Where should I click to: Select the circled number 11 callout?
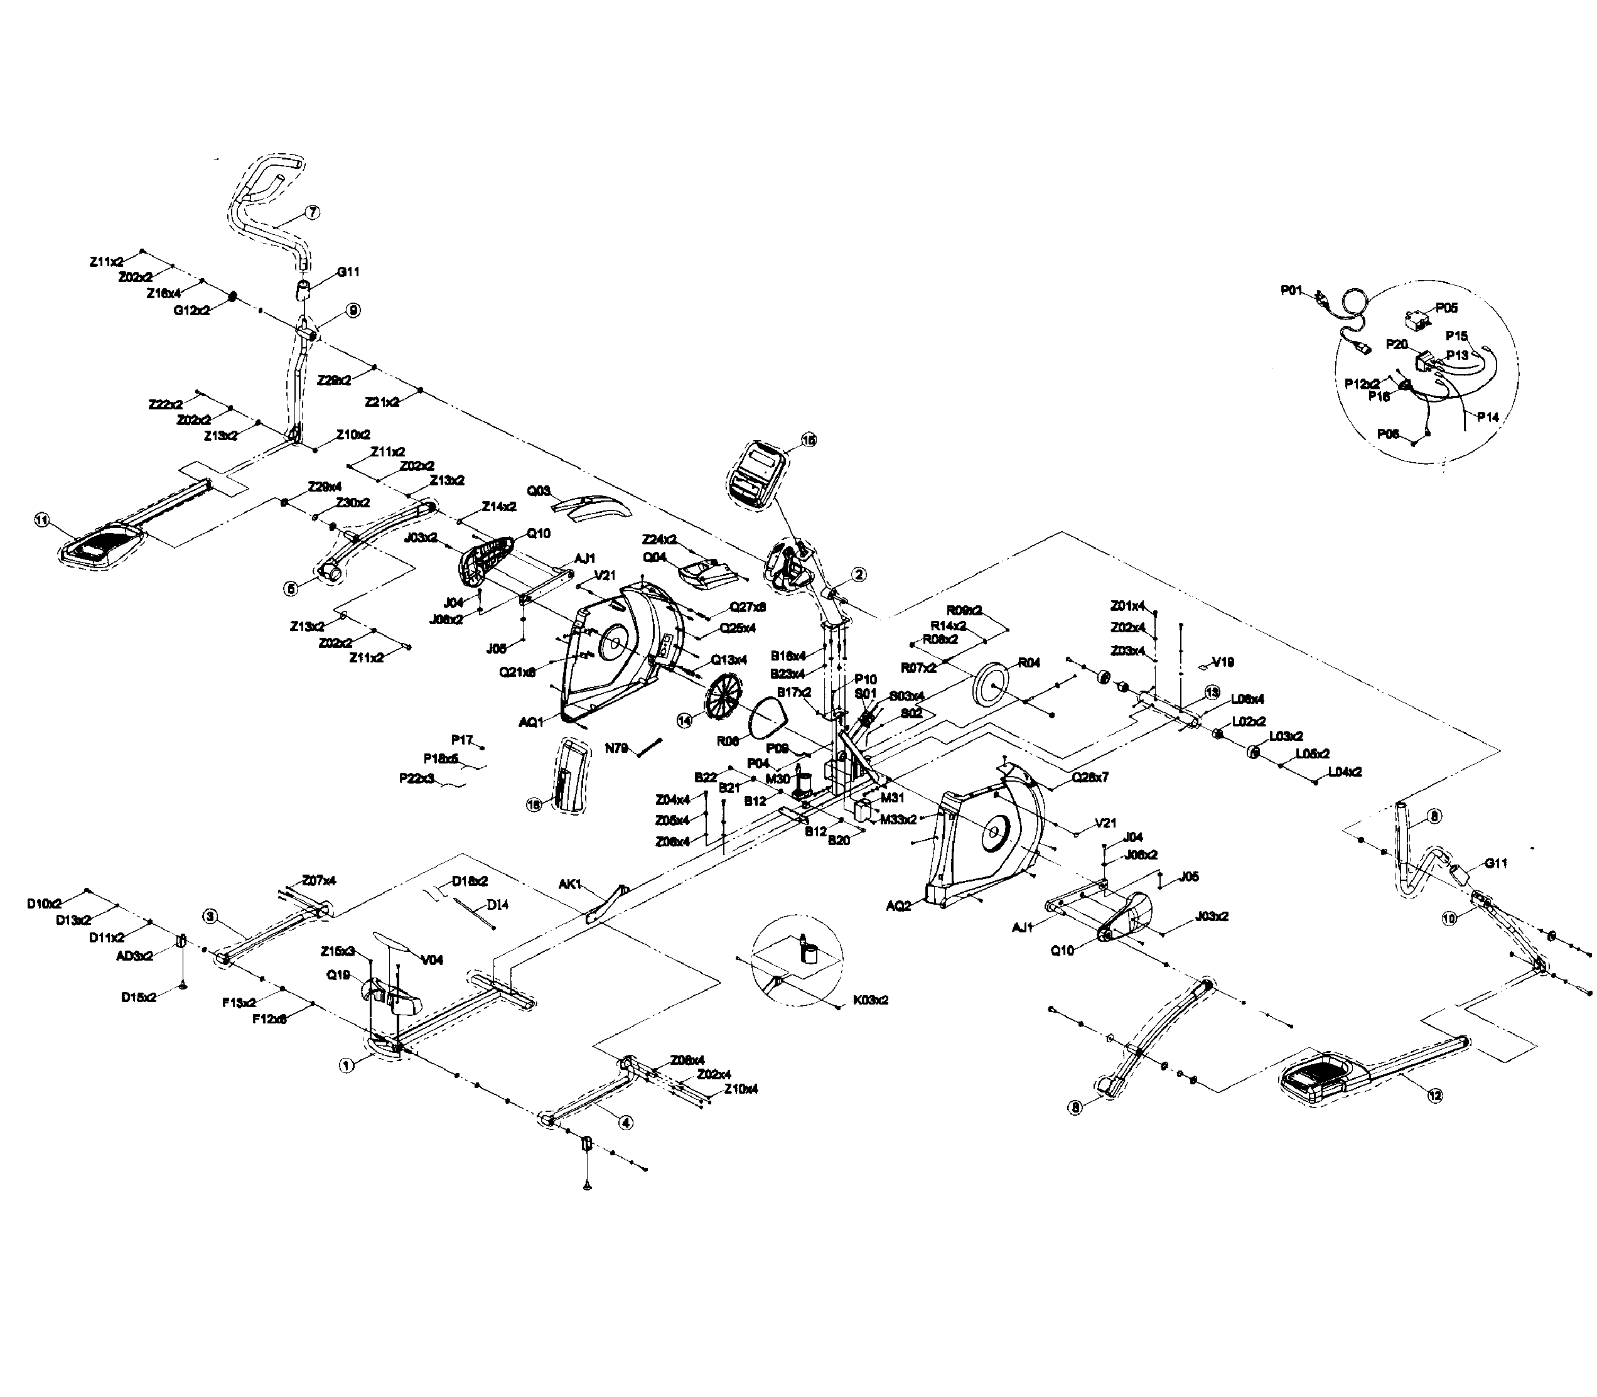pos(42,520)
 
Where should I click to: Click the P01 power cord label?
pos(1291,290)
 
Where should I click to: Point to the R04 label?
pos(1029,662)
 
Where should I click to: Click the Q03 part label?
pos(539,491)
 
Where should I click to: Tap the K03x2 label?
pos(871,1000)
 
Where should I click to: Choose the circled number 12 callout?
pos(1434,1095)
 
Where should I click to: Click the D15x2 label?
pos(139,997)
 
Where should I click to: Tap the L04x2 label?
pos(1345,772)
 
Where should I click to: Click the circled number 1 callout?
pos(346,1064)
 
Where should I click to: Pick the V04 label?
pos(432,959)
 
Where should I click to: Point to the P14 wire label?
pos(1487,417)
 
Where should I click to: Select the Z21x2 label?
pos(382,402)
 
